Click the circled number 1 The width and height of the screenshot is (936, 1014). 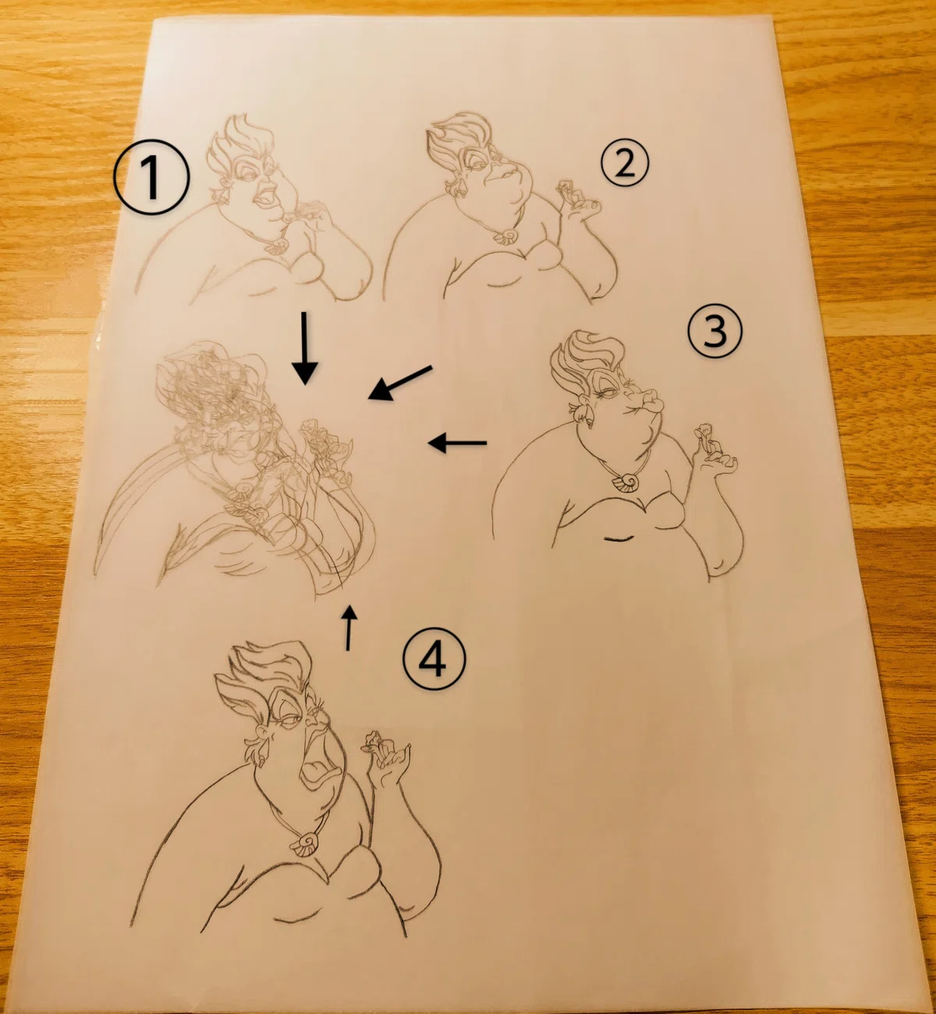151,178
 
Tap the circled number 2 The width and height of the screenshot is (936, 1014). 625,163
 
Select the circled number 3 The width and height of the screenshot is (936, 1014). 714,331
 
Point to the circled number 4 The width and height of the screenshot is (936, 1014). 434,659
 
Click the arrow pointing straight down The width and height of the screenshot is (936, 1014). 305,348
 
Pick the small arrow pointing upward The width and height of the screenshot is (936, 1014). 349,628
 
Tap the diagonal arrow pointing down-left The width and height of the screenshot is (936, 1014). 400,383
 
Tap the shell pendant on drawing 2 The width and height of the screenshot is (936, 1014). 505,235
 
